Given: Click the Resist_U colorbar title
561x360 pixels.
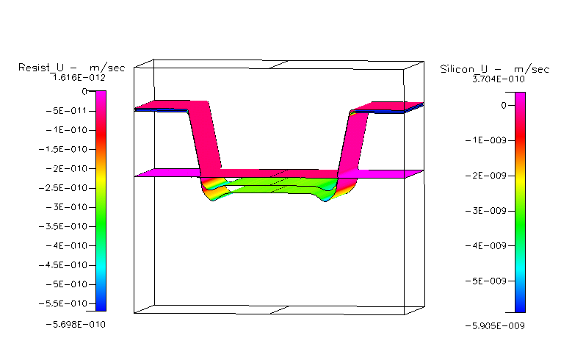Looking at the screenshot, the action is [x=71, y=68].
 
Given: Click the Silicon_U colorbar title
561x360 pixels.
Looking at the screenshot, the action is [x=494, y=69].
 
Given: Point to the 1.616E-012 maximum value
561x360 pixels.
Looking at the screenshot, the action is [x=79, y=78].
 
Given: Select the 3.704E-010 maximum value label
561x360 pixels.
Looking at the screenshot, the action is [x=499, y=79].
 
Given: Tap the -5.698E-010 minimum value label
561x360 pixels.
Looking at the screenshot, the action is [x=76, y=325].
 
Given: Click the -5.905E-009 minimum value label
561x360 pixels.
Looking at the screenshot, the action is [x=495, y=326].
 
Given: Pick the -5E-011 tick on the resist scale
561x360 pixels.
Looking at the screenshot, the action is [x=67, y=111].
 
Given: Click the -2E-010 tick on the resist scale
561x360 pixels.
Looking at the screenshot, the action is [x=67, y=168].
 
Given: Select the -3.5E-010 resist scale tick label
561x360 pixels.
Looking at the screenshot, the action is [x=63, y=226].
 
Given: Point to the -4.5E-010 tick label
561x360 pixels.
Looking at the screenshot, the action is [x=63, y=265].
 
